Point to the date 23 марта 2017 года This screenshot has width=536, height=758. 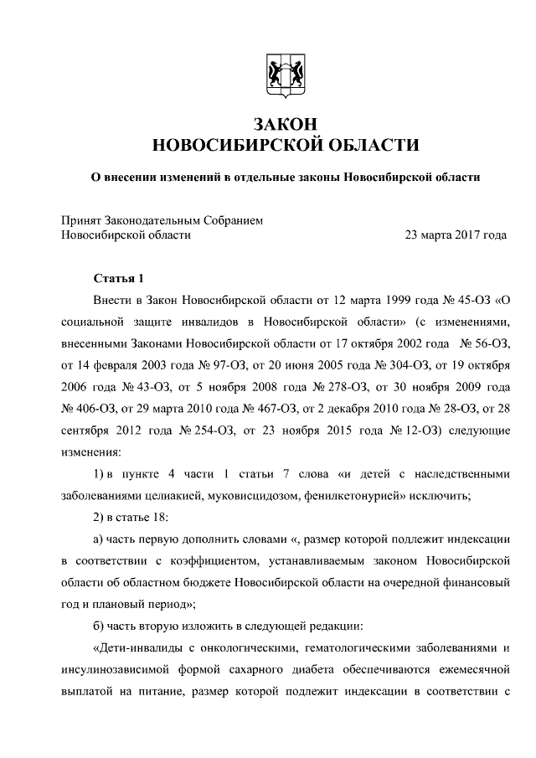point(456,235)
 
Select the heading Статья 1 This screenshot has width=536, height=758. point(119,278)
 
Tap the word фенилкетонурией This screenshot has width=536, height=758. point(370,495)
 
